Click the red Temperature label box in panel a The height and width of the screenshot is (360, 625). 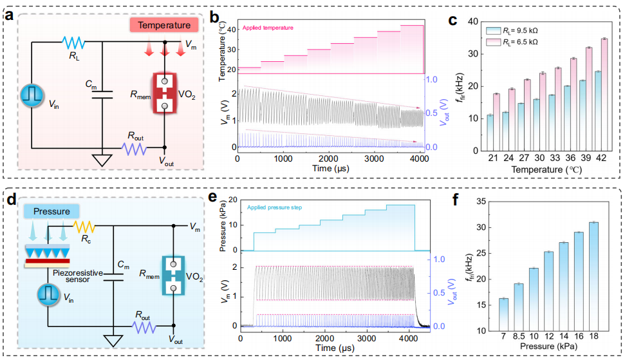(163, 26)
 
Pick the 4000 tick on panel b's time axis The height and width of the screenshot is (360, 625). (419, 158)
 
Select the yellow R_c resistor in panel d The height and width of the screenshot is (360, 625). (85, 227)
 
